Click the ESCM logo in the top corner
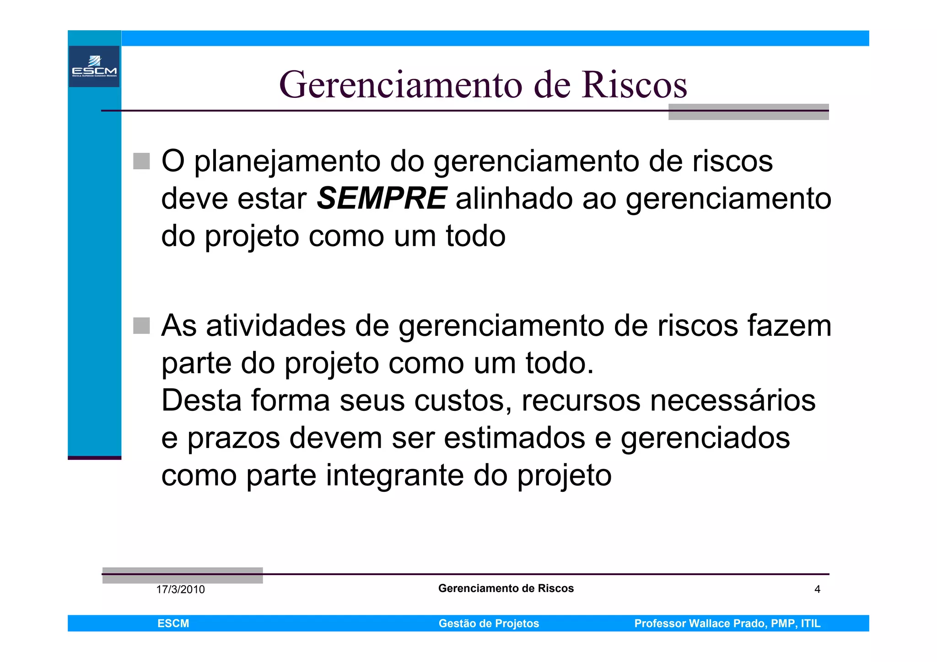94,66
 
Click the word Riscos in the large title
635,85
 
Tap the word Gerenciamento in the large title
401,85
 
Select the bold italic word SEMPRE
382,199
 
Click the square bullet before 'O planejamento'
141,161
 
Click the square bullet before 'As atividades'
141,326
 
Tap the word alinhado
514,199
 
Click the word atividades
276,326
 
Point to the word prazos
234,438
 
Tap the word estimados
515,438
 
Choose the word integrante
395,476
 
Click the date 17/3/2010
180,589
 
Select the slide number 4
817,589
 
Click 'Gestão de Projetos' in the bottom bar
489,623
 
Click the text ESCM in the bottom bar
173,623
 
